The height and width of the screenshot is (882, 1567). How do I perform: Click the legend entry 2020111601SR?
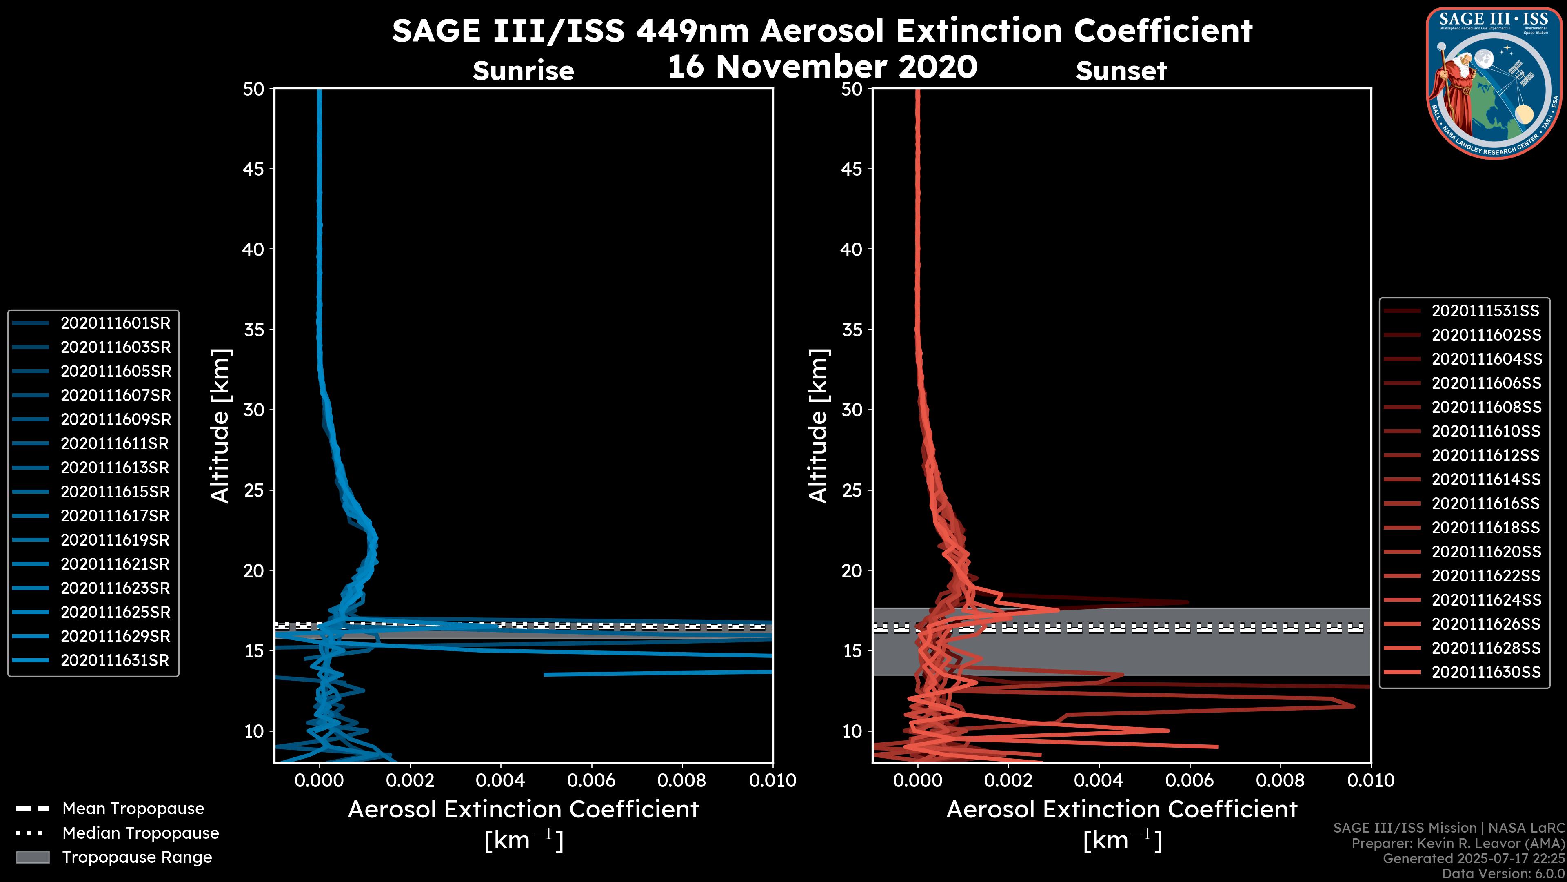[x=115, y=323]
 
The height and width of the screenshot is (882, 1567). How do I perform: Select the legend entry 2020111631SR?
[x=115, y=660]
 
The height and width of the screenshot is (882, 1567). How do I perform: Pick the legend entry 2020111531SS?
[x=1485, y=311]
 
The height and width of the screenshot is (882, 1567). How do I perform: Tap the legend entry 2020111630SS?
[x=1485, y=672]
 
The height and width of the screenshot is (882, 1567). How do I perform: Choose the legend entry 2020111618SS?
[x=1485, y=528]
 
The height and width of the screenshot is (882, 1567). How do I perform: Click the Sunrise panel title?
[x=523, y=71]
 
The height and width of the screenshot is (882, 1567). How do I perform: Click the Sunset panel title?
[x=1121, y=71]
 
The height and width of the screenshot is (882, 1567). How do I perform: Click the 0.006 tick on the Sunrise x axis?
[x=591, y=780]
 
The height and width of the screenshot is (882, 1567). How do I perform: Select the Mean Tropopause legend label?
[x=133, y=809]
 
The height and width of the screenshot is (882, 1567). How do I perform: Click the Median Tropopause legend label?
[x=140, y=833]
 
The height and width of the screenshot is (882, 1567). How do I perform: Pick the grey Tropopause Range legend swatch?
[x=32, y=857]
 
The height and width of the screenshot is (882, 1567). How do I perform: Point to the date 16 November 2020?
[x=822, y=67]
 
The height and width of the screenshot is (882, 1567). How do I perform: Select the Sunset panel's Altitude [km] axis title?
[x=819, y=426]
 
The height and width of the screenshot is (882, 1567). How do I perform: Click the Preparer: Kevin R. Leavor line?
[x=1458, y=844]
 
